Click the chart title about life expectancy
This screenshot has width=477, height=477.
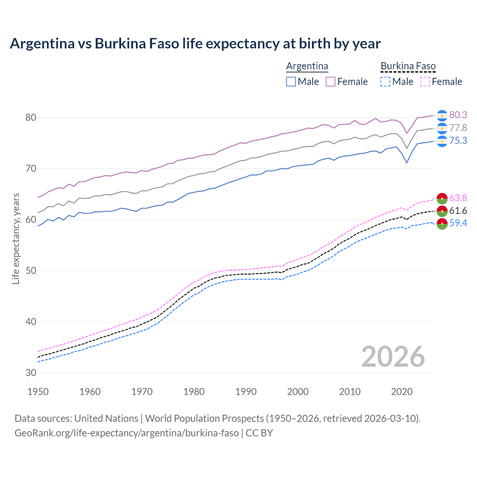195,44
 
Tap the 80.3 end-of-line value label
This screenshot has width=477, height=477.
458,115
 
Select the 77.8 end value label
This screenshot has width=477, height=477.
458,128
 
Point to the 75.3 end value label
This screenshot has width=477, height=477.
458,140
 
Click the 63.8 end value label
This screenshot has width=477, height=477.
458,198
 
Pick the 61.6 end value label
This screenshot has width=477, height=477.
458,211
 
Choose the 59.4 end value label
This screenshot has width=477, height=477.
458,223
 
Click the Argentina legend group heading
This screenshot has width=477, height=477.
307,66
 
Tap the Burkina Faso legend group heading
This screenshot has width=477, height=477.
408,66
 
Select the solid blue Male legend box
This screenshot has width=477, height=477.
291,82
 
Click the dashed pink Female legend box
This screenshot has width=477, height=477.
425,82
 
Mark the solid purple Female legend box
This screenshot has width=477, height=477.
331,82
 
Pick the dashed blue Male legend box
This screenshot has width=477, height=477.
385,82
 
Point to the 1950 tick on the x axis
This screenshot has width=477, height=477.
38,392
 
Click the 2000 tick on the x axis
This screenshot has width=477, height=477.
298,392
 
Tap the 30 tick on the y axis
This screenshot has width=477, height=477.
31,373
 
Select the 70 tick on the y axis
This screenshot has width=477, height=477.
31,168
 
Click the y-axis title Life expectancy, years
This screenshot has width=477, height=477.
16,238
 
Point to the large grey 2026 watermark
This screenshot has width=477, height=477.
393,357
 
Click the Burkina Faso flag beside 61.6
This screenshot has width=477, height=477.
442,211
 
